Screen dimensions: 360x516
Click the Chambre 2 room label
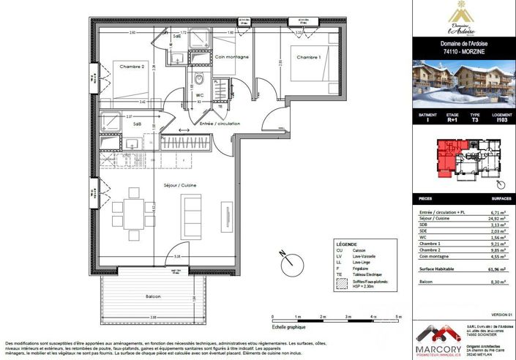(133, 67)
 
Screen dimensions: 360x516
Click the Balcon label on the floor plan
(153, 296)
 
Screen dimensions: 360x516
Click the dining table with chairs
(133, 213)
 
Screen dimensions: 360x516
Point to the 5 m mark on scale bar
(397, 317)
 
